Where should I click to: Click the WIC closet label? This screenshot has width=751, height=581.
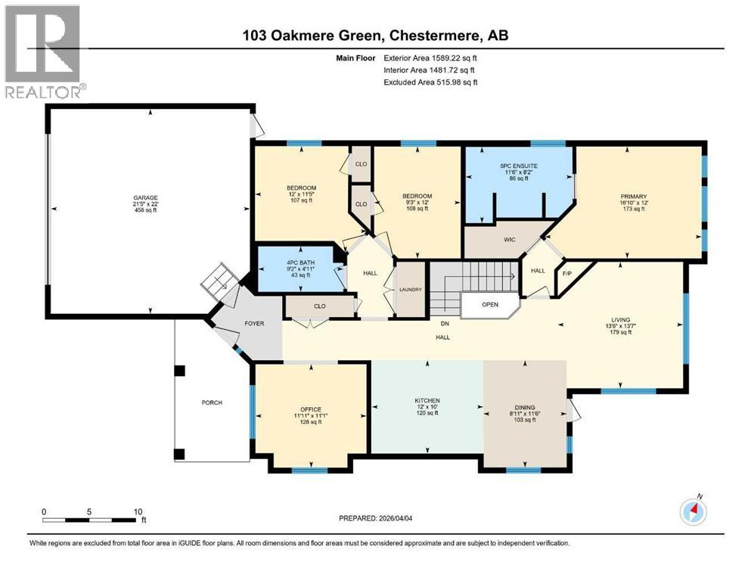pos(509,239)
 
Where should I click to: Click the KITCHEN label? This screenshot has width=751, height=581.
pos(427,400)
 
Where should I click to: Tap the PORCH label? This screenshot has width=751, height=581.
pos(212,402)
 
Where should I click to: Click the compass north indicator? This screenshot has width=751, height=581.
pos(693,511)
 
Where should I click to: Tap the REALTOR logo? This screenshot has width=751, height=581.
pos(44,51)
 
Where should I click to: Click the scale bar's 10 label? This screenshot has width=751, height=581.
pos(138,511)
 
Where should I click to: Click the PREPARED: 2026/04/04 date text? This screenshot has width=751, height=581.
pos(380,518)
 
